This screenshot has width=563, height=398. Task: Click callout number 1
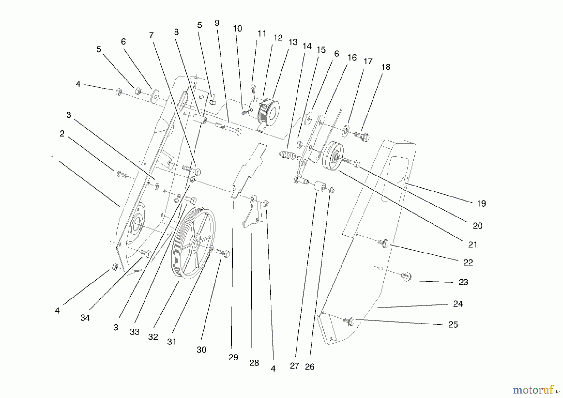[53, 158]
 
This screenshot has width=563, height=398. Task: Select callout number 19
[481, 203]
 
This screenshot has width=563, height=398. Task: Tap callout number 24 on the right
[458, 304]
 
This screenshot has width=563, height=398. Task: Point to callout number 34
[85, 318]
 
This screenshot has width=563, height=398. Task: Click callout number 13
[293, 42]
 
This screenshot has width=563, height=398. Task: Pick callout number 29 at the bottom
[233, 357]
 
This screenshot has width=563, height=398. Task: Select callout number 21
[472, 245]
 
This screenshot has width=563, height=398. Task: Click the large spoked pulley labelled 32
[193, 242]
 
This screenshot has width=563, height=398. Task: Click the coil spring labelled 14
[287, 155]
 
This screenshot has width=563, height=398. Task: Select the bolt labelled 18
[362, 136]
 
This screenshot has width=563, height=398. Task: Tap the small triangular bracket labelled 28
[253, 213]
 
